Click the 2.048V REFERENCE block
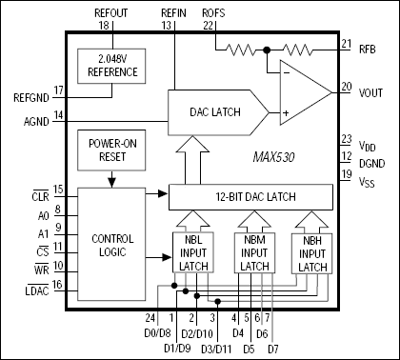111,64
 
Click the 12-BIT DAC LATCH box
250,196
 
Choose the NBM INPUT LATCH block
254,253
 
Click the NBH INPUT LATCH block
313,253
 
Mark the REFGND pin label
26,96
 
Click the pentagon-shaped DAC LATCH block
214,112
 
